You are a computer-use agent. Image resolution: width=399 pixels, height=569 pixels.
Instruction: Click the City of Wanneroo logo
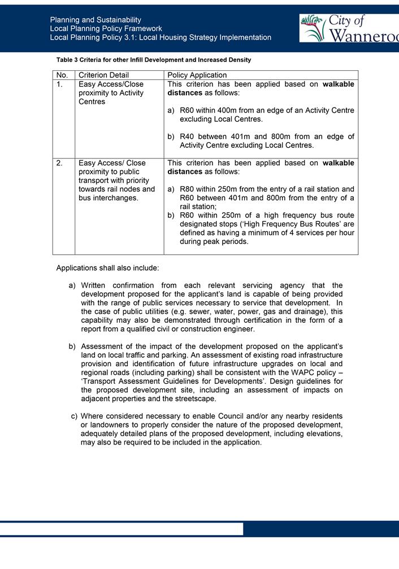point(349,28)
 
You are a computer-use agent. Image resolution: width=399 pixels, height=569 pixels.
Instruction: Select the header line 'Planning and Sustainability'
point(96,20)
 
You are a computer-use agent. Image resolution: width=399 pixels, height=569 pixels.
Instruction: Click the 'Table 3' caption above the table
point(154,59)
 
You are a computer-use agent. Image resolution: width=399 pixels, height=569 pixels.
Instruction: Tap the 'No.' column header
point(62,75)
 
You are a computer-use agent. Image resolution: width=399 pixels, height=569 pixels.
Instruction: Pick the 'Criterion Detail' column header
point(103,75)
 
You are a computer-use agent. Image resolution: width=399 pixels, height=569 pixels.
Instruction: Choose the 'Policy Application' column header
point(197,75)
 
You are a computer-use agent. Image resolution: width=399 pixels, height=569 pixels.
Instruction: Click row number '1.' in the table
point(60,84)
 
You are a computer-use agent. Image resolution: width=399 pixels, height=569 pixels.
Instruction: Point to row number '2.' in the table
point(60,163)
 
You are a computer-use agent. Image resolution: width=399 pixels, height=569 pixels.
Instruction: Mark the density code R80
point(187,189)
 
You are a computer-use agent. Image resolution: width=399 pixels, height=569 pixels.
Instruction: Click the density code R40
point(187,136)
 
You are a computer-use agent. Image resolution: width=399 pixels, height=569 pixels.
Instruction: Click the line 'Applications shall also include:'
point(107,267)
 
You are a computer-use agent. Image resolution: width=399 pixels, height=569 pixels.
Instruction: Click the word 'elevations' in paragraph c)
point(323,434)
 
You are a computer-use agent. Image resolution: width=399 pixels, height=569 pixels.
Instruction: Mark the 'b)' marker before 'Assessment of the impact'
point(72,346)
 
